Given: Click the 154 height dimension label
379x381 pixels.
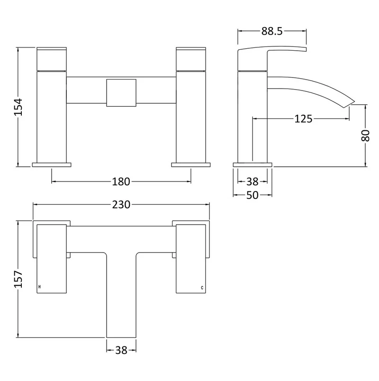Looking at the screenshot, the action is click(x=18, y=107).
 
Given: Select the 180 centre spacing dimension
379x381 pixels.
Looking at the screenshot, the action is click(x=121, y=181).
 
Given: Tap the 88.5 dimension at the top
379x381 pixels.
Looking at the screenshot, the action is click(x=272, y=31).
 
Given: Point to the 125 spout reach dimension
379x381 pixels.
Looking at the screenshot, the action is click(x=303, y=119).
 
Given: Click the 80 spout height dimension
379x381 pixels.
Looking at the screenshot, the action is click(x=365, y=136).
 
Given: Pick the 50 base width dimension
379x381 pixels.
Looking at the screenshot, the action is click(x=253, y=195).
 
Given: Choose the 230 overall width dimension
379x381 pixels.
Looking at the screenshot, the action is click(x=121, y=205).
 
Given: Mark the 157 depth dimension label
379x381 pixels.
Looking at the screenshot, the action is click(x=18, y=279).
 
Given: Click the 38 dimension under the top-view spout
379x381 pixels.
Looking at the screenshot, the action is click(x=121, y=350).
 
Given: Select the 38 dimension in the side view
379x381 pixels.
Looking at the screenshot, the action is click(x=253, y=181).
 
